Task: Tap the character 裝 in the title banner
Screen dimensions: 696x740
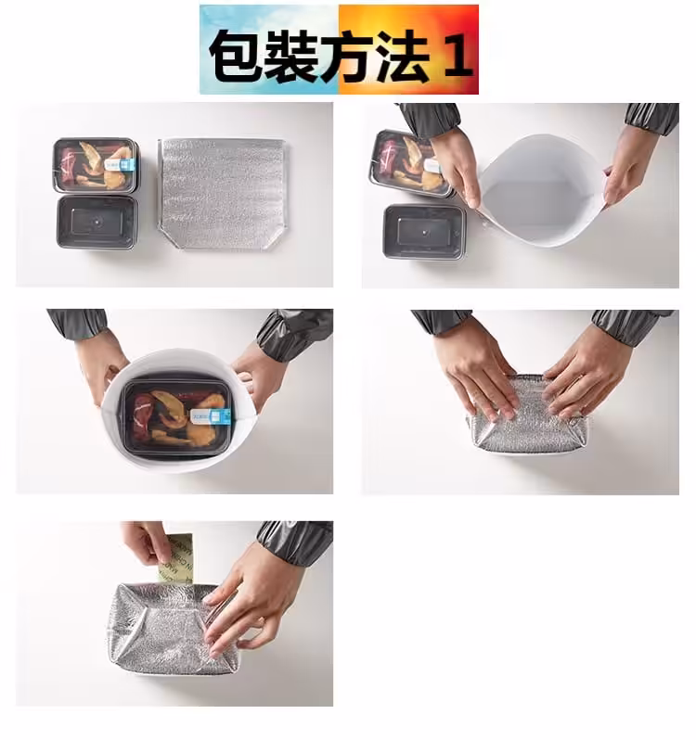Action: click(293, 56)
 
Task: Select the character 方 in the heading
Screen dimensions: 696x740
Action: click(350, 56)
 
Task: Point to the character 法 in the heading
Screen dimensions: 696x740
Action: click(405, 56)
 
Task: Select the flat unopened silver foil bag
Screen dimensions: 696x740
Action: click(223, 193)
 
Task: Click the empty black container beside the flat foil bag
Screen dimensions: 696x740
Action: click(97, 222)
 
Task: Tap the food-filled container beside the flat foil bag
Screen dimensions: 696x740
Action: click(96, 165)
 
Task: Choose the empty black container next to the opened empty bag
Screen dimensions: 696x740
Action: click(425, 231)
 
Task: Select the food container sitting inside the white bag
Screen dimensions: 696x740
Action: click(177, 416)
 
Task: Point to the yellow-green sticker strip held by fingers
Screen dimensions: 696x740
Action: click(175, 559)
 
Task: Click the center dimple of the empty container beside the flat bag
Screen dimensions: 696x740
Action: click(97, 221)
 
